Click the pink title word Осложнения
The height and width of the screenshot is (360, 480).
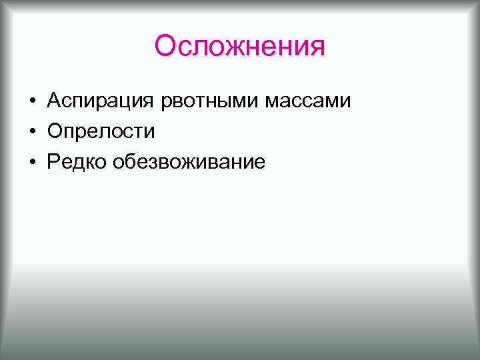[240, 47]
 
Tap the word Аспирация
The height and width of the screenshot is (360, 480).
[101, 102]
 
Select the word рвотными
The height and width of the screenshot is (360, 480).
[210, 102]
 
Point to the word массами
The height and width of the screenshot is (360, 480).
[309, 102]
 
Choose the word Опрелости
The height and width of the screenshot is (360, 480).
[101, 131]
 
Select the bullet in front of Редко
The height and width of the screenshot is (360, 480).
[32, 161]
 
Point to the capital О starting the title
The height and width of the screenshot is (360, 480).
[165, 47]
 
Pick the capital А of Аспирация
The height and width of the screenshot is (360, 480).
[54, 101]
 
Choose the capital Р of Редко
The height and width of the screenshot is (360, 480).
[53, 160]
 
